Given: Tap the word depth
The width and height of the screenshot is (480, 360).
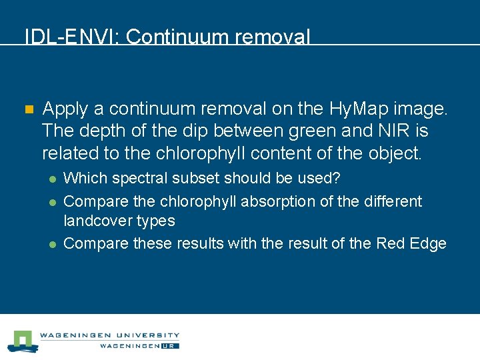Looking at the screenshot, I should pyautogui.click(x=101, y=131).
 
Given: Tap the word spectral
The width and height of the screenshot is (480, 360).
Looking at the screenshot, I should pyautogui.click(x=137, y=179).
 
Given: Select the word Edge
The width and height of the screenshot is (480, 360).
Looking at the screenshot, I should pyautogui.click(x=429, y=243).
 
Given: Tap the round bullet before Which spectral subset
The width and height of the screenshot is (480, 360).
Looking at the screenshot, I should pyautogui.click(x=52, y=179).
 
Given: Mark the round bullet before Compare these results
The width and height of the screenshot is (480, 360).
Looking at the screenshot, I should pyautogui.click(x=52, y=244).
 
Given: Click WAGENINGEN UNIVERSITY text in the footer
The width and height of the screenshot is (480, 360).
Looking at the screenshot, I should pyautogui.click(x=109, y=335).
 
